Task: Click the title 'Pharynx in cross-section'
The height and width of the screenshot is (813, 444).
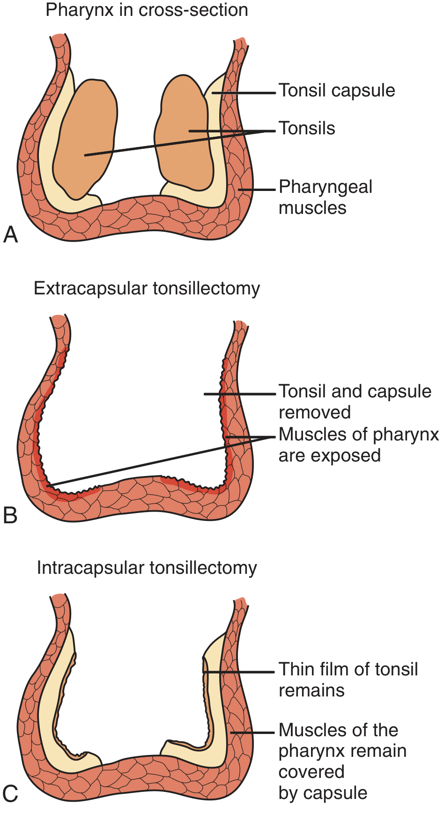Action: [147, 10]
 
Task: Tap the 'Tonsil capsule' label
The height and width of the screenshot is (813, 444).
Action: [337, 90]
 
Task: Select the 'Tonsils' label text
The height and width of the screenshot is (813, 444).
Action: [307, 128]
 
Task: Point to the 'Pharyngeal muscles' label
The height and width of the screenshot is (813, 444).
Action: [326, 197]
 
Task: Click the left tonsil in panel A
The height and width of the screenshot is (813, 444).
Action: [84, 138]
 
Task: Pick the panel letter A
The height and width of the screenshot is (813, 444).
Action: [10, 234]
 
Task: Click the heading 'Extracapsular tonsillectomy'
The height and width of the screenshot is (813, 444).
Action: [147, 288]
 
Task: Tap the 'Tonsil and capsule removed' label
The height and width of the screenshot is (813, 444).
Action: [355, 402]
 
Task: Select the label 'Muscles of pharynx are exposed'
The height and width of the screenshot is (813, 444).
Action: [358, 445]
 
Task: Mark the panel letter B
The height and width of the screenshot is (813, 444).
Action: [10, 515]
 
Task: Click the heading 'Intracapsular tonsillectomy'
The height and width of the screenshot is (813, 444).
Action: [147, 568]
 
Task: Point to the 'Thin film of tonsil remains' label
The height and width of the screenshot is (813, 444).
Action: [348, 680]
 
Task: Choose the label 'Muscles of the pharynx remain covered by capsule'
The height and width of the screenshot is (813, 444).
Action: [342, 761]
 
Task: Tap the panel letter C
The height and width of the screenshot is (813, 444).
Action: [10, 794]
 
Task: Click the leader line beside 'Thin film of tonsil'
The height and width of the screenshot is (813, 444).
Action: [239, 672]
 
